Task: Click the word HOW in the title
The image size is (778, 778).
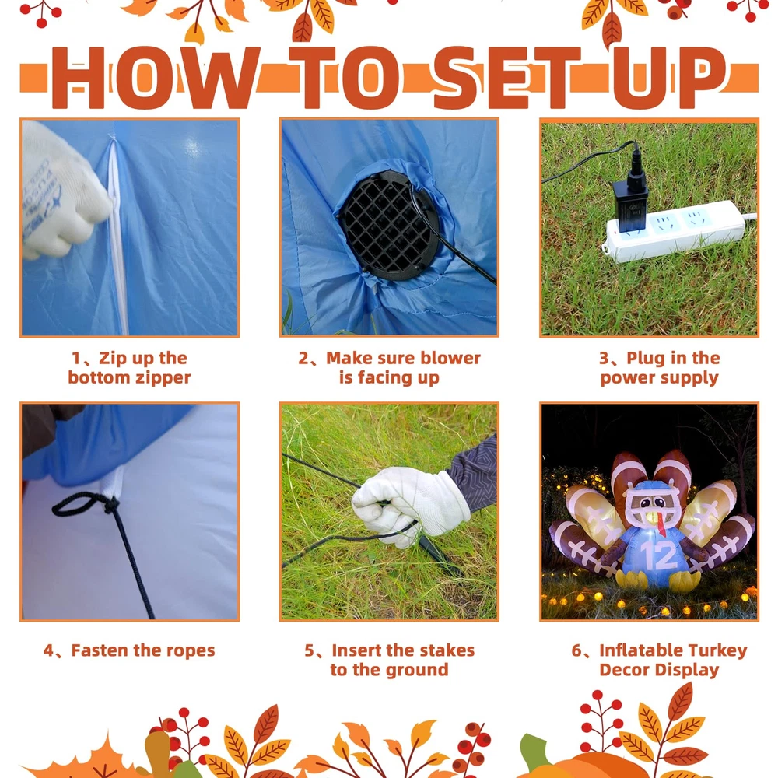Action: (x=154, y=78)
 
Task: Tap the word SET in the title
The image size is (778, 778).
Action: (x=507, y=78)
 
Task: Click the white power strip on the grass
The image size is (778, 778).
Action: (x=675, y=230)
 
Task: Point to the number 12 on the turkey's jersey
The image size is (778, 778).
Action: (x=658, y=555)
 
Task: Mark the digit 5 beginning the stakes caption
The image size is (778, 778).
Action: (x=309, y=650)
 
